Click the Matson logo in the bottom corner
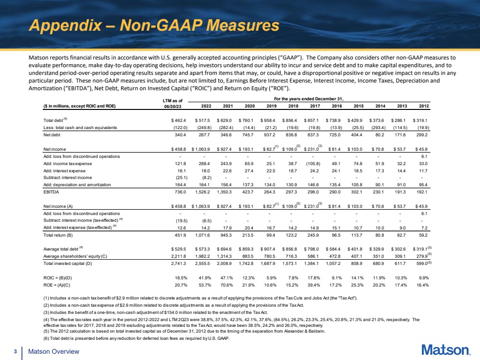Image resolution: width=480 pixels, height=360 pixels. [x=446, y=350]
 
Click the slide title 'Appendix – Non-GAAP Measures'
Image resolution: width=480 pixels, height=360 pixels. [x=154, y=25]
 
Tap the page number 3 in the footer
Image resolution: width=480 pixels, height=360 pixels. [x=15, y=352]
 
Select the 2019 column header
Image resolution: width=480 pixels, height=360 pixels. [x=271, y=106]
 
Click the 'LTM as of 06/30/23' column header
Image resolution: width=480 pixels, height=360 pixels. [x=173, y=103]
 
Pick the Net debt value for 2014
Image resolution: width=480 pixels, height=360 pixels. [x=381, y=135]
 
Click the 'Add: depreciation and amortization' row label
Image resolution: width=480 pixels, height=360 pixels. [x=77, y=185]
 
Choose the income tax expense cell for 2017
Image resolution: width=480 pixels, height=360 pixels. [x=312, y=164]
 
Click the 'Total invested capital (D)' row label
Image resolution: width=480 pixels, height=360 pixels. [x=68, y=264]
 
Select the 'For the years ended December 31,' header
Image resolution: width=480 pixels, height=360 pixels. [x=309, y=99]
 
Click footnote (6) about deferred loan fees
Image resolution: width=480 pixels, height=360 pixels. [x=136, y=338]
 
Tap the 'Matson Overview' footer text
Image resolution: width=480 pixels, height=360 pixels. [x=53, y=352]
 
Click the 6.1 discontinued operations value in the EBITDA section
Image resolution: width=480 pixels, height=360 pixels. [x=424, y=156]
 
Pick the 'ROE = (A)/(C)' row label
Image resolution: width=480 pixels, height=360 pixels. [x=57, y=285]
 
